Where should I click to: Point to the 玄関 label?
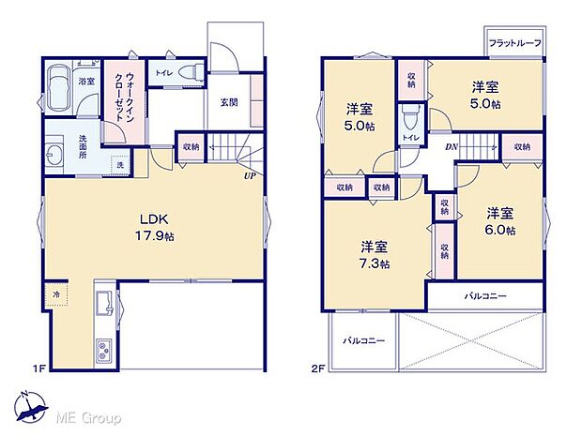[x=229, y=103]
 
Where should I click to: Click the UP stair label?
[x=251, y=175]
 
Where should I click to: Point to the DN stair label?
[x=452, y=147]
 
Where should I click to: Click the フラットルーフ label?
[x=513, y=43]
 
